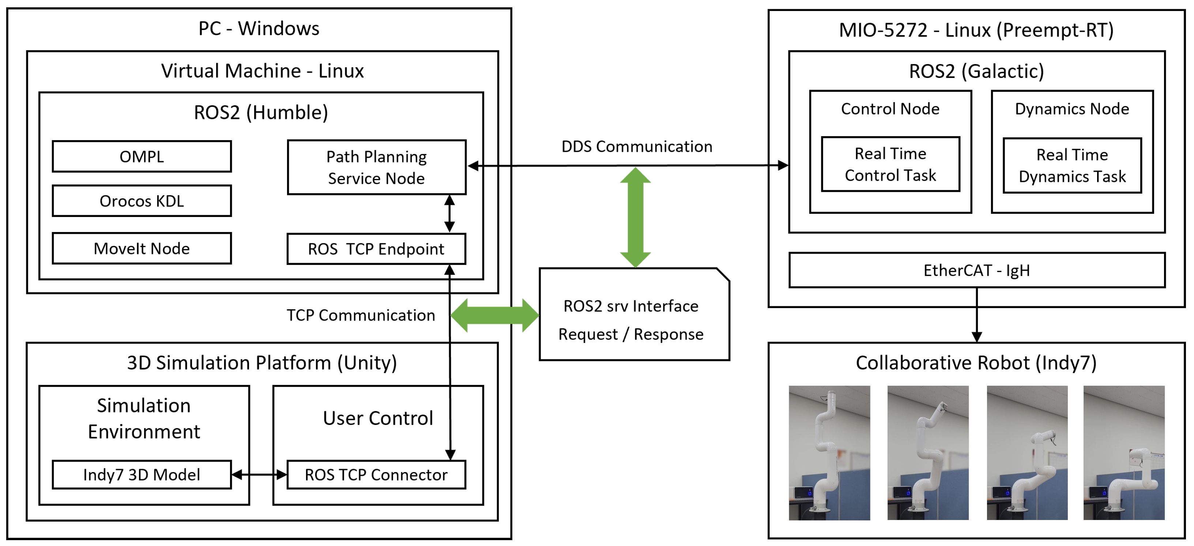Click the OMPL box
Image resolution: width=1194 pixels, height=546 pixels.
(142, 156)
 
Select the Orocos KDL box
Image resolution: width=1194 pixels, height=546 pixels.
(142, 201)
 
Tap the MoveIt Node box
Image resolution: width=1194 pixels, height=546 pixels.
(142, 248)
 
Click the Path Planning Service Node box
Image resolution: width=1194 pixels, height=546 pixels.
(376, 167)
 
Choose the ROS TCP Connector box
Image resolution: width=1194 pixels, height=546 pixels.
(376, 475)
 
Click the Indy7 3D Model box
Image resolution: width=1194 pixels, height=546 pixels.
(142, 475)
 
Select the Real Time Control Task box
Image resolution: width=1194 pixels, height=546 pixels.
(890, 164)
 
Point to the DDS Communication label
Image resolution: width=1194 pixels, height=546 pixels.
(636, 147)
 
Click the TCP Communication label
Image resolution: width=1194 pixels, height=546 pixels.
(361, 315)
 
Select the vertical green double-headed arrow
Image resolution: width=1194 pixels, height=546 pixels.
(636, 217)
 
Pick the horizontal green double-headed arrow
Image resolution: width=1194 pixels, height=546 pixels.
(494, 315)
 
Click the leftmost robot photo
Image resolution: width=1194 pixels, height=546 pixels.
(829, 452)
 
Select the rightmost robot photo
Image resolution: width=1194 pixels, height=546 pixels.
(1123, 452)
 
